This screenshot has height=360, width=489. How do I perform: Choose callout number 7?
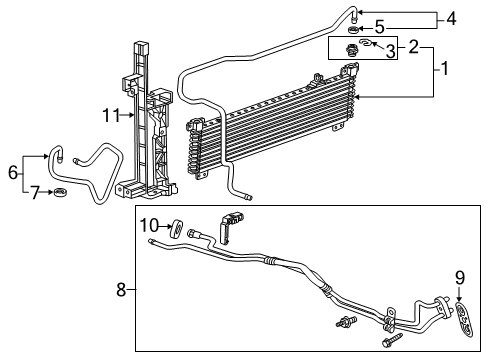(x=32, y=191)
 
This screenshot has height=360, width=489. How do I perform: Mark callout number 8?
(x=122, y=290)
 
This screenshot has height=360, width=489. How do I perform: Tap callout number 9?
(x=460, y=277)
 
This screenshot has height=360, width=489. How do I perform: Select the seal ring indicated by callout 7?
(x=61, y=192)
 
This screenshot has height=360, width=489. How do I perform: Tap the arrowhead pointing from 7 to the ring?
(x=50, y=192)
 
